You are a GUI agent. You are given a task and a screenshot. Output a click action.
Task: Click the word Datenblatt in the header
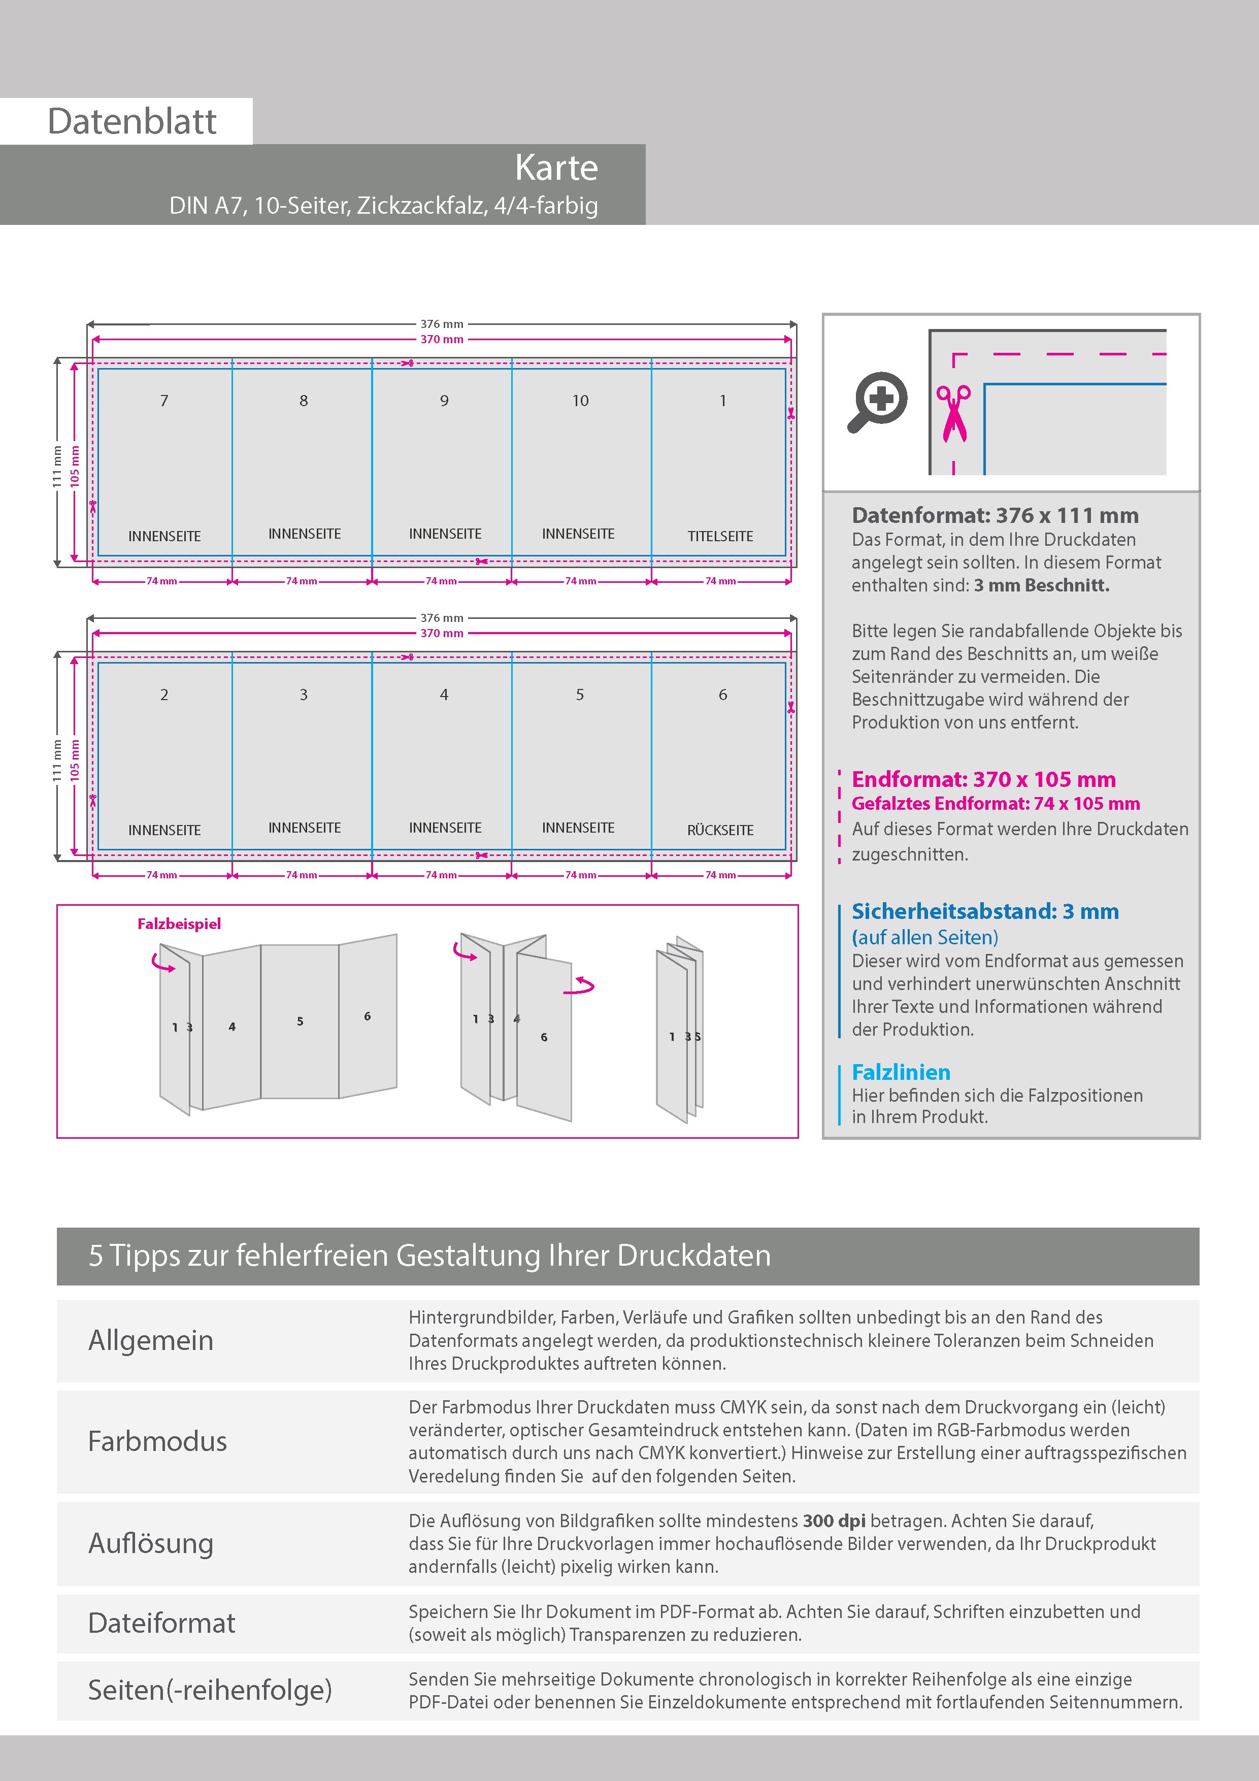pyautogui.click(x=132, y=121)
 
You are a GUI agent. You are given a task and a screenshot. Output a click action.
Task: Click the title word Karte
pyautogui.click(x=556, y=168)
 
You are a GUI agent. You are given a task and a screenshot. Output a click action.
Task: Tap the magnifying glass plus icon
pyautogui.click(x=877, y=402)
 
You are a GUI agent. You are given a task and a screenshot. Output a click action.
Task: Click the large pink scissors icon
pyautogui.click(x=953, y=413)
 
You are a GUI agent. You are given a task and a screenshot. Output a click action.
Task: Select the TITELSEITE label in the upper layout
pyautogui.click(x=720, y=536)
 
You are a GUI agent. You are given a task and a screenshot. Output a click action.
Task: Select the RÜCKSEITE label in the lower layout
pyautogui.click(x=720, y=830)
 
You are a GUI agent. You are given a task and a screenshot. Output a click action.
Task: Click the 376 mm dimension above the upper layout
pyautogui.click(x=441, y=324)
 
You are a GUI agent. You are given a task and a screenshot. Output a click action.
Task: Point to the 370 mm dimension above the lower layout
pyautogui.click(x=441, y=633)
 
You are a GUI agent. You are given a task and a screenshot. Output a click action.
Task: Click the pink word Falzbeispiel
pyautogui.click(x=179, y=924)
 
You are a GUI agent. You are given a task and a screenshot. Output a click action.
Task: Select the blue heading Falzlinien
pyautogui.click(x=901, y=1072)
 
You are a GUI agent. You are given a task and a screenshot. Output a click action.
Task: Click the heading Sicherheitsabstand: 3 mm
pyautogui.click(x=985, y=911)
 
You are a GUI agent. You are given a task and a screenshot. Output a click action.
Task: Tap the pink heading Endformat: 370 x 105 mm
pyautogui.click(x=984, y=780)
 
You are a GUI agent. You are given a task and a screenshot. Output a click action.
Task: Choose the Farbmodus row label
pyautogui.click(x=157, y=1441)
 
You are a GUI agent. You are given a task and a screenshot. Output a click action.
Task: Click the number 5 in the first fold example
pyautogui.click(x=300, y=1021)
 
